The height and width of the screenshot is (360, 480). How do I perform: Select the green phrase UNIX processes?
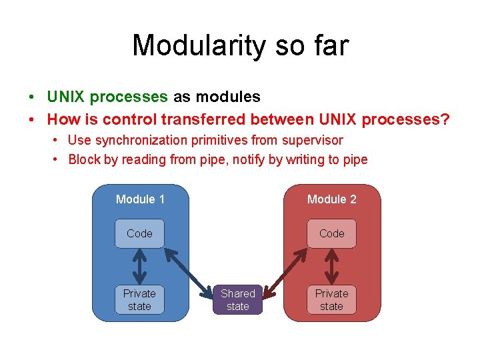coord(107,97)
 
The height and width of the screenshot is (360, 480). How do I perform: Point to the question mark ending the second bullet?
coord(445,119)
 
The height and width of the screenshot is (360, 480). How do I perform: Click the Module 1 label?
coord(140,199)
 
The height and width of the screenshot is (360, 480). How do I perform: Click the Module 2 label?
coord(331,199)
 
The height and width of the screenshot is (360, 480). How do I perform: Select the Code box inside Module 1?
coord(139,233)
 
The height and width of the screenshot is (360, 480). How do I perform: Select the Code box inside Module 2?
coord(331,233)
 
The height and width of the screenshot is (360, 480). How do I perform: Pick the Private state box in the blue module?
coord(139,299)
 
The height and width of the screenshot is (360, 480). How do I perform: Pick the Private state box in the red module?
coord(331,299)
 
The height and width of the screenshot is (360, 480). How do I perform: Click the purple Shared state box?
coord(237,299)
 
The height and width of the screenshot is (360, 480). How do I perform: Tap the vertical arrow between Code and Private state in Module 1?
coord(139,267)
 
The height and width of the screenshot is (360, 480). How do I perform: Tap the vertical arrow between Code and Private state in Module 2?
coord(331,267)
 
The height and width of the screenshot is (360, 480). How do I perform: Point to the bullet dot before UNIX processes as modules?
coord(33,97)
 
